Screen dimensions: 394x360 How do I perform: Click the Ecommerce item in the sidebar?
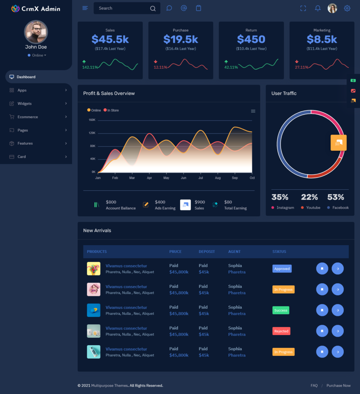pos(28,117)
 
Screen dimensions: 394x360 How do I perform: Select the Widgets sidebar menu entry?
pos(25,104)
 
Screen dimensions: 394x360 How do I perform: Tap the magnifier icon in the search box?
pos(153,8)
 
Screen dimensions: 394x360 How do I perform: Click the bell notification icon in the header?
pos(318,8)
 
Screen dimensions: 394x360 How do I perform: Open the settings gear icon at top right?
pos(347,8)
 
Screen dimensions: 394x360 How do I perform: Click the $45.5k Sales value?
pos(110,39)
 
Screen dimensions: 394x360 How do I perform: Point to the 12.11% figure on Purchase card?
pos(161,67)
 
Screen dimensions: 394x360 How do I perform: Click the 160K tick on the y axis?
pos(92,120)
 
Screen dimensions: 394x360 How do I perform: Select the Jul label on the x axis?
pos(201,178)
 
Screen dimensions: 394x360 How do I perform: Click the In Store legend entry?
pos(113,110)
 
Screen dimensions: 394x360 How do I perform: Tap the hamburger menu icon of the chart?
pos(253,111)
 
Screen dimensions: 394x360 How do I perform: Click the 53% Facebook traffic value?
pos(335,197)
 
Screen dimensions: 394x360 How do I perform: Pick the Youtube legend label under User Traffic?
pos(313,208)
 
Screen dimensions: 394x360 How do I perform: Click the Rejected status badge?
pos(281,331)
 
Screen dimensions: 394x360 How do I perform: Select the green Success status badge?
pos(281,310)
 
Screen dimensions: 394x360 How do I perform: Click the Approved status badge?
pos(282,269)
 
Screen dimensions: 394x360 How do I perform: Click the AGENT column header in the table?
pos(234,252)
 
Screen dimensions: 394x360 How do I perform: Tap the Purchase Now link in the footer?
pos(338,386)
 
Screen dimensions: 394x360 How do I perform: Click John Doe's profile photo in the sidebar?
pos(36,32)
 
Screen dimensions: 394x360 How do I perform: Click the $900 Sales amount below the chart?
pos(199,202)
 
